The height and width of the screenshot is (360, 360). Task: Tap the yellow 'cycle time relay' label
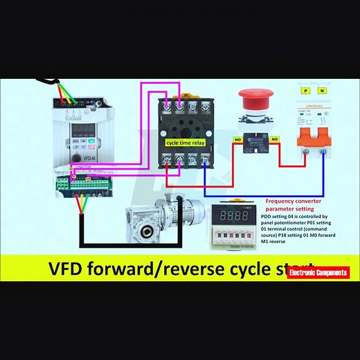(185, 142)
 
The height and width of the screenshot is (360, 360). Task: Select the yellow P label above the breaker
(303, 91)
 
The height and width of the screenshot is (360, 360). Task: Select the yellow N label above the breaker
(321, 91)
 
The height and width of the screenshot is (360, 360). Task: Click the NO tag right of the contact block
(275, 138)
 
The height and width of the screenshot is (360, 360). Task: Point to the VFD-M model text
(90, 159)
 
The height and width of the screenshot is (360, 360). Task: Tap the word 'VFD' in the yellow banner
(68, 268)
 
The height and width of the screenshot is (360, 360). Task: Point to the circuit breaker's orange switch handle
(312, 136)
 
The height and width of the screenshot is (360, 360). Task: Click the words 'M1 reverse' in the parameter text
(273, 242)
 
